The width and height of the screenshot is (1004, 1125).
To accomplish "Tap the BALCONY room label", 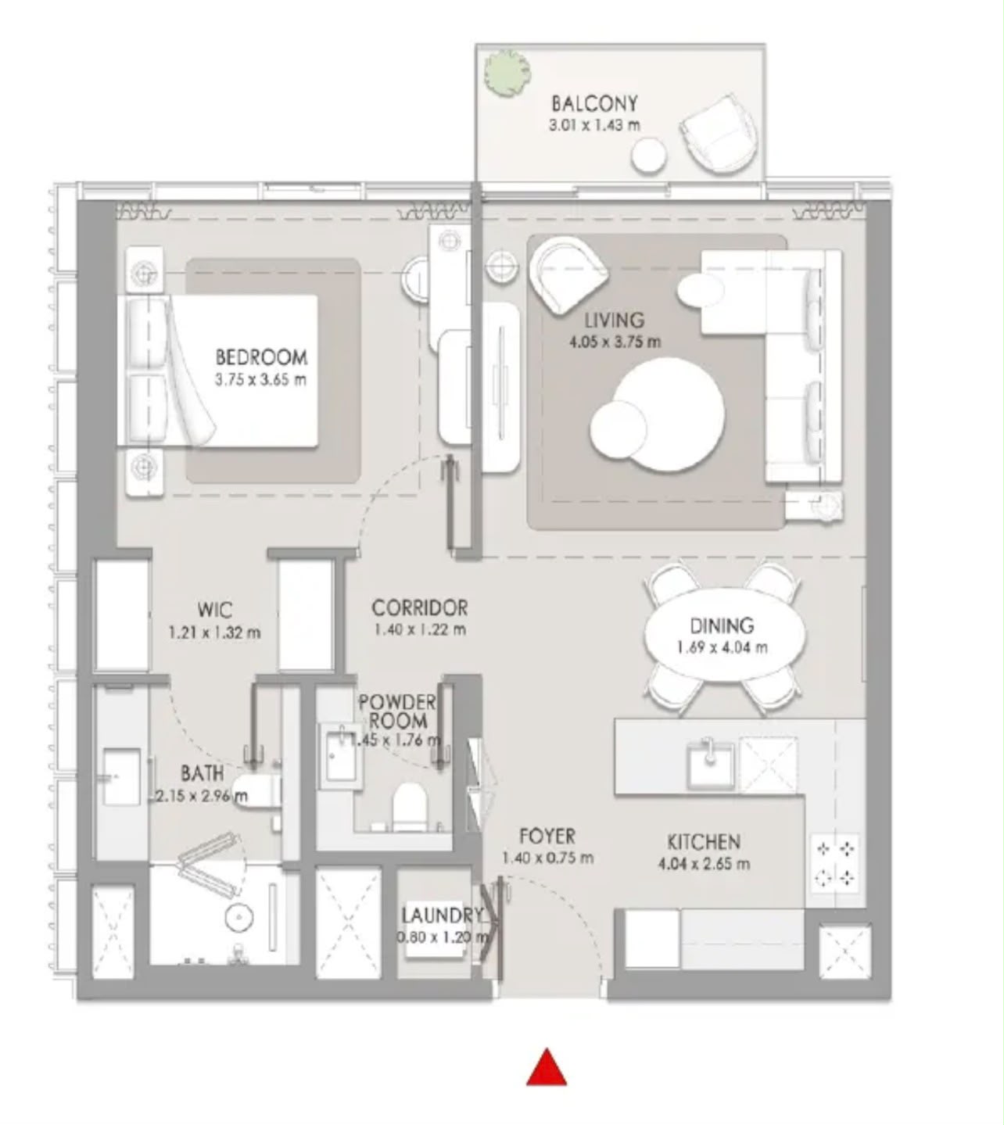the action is [x=594, y=104].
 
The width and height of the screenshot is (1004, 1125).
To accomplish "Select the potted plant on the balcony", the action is [x=507, y=73].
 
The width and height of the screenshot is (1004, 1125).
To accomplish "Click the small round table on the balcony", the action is [x=648, y=155].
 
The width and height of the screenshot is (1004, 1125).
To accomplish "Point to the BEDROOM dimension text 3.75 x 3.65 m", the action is [x=260, y=381].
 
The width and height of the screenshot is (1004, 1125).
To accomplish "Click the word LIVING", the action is [x=614, y=320].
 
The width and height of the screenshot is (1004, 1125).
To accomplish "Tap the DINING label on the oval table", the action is [x=722, y=626].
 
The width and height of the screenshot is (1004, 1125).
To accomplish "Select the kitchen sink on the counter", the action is [x=711, y=762].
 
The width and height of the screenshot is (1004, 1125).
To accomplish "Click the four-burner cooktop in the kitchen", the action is [x=834, y=863].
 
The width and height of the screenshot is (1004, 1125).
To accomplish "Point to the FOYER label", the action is [x=547, y=837].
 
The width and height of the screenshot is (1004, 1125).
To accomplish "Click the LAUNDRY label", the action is [x=442, y=915].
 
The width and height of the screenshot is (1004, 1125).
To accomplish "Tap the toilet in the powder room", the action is [x=409, y=806].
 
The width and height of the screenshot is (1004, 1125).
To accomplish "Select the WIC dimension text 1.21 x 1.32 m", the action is [x=214, y=632].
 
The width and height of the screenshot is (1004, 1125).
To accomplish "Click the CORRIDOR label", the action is [x=419, y=608].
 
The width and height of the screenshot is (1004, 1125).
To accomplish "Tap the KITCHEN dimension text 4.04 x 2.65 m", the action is [x=704, y=864].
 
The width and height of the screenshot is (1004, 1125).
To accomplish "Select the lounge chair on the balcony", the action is [x=719, y=134].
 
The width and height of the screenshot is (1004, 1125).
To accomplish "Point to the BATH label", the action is [x=203, y=773].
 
